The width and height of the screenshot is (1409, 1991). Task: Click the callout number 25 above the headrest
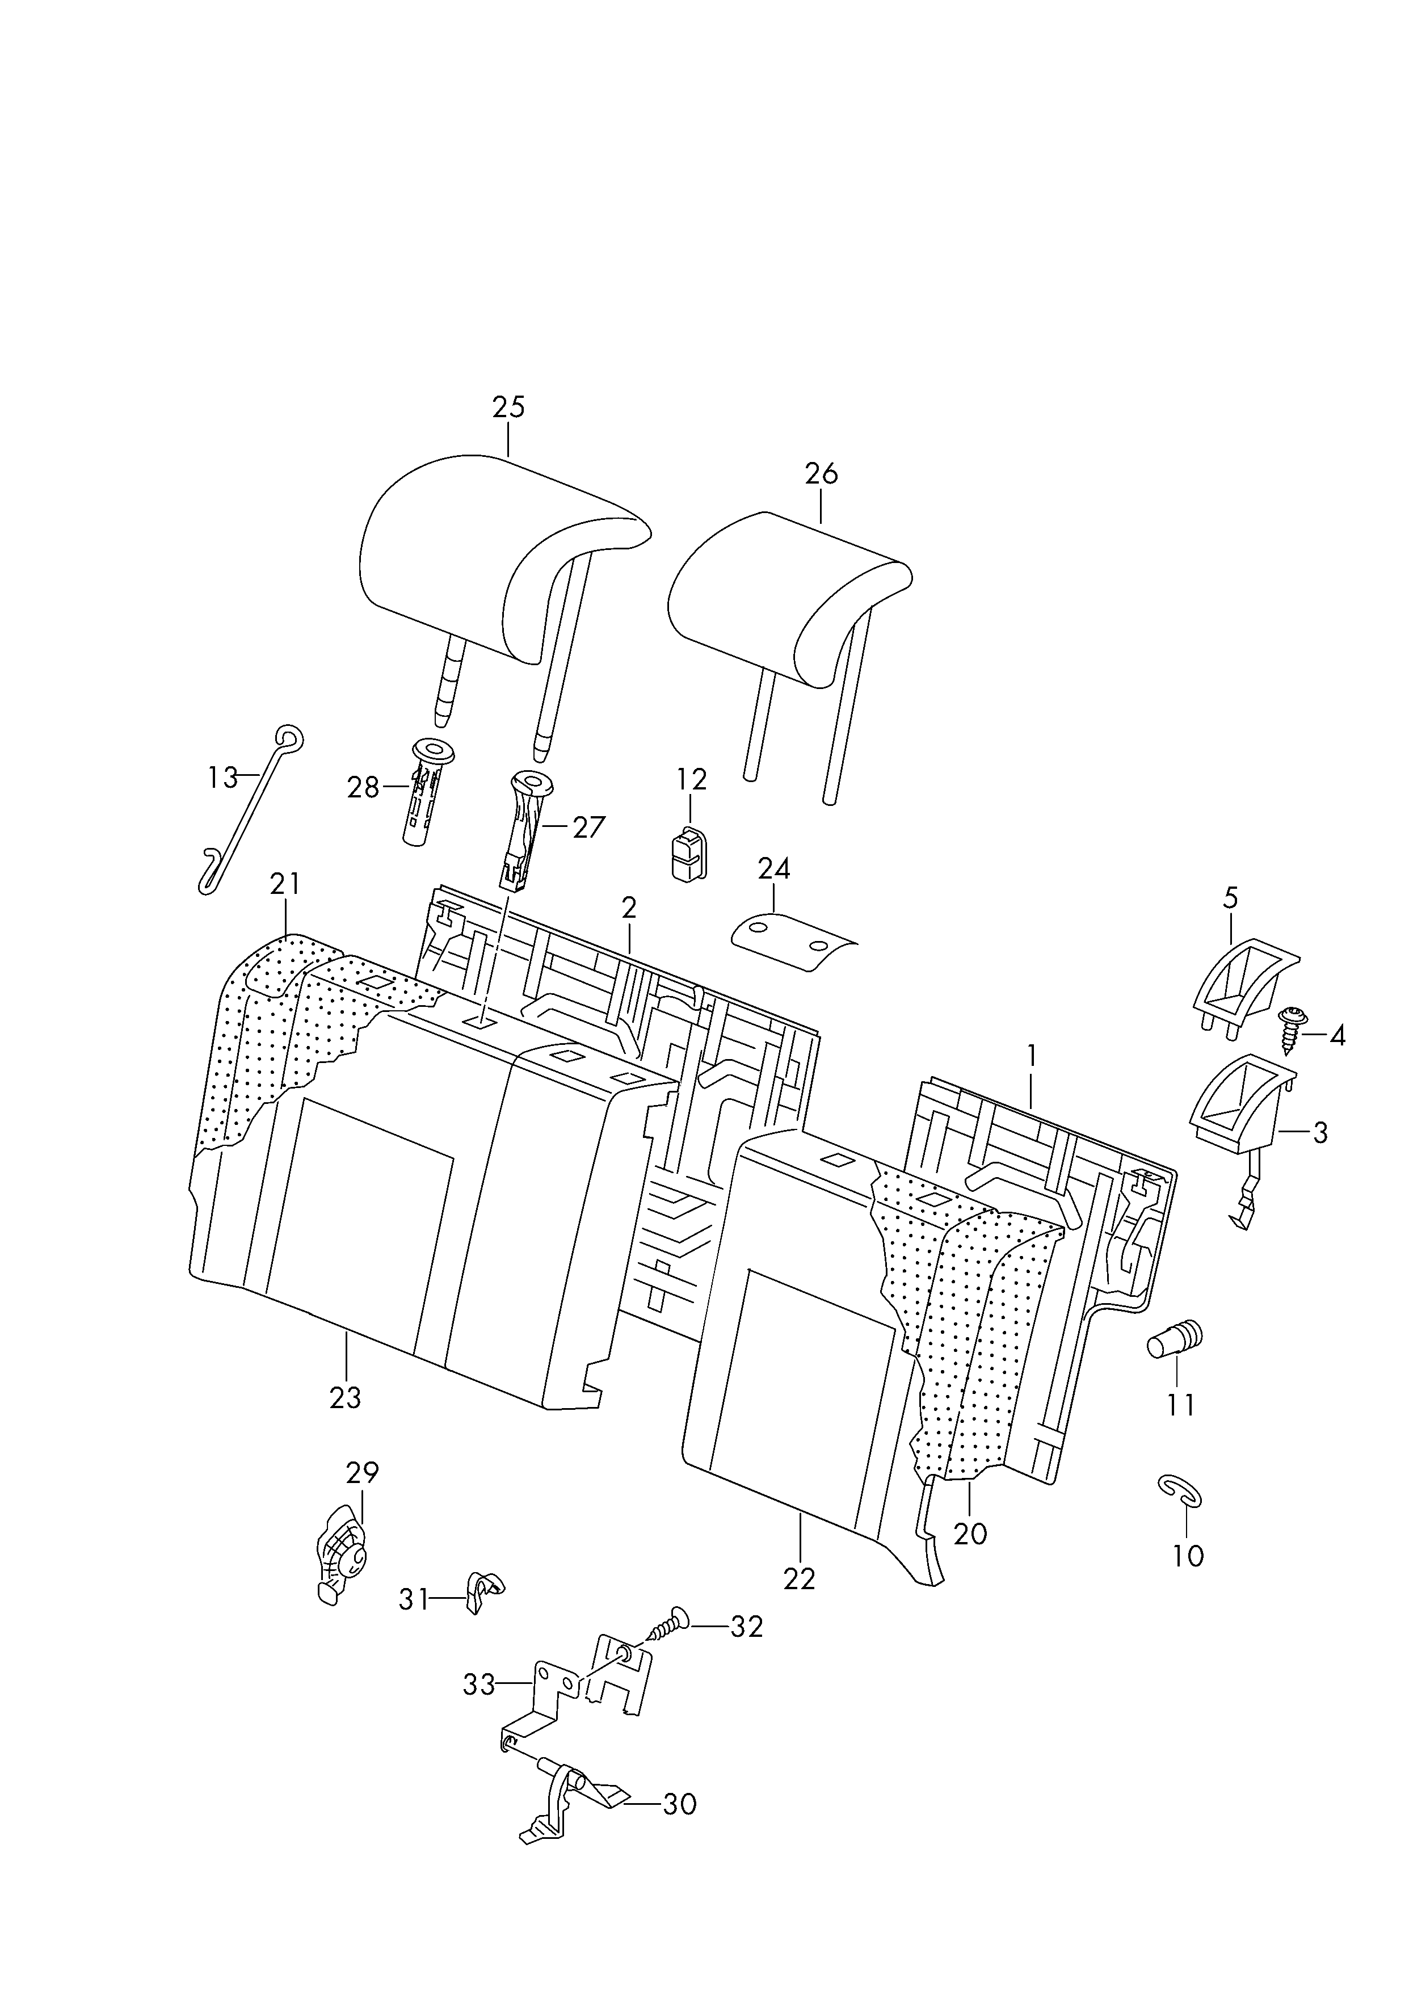[508, 407]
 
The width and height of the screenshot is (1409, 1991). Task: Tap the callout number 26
[821, 474]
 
